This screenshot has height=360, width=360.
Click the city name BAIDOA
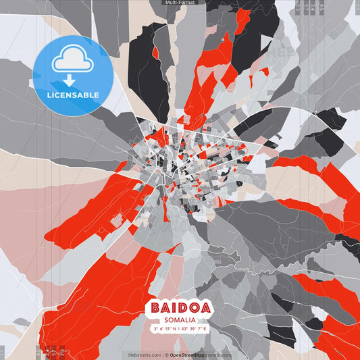pyautogui.click(x=179, y=308)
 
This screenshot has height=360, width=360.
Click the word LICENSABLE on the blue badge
pyautogui.click(x=72, y=95)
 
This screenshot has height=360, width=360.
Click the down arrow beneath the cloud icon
pyautogui.click(x=72, y=80)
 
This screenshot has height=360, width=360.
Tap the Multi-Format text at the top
pyautogui.click(x=180, y=3)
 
